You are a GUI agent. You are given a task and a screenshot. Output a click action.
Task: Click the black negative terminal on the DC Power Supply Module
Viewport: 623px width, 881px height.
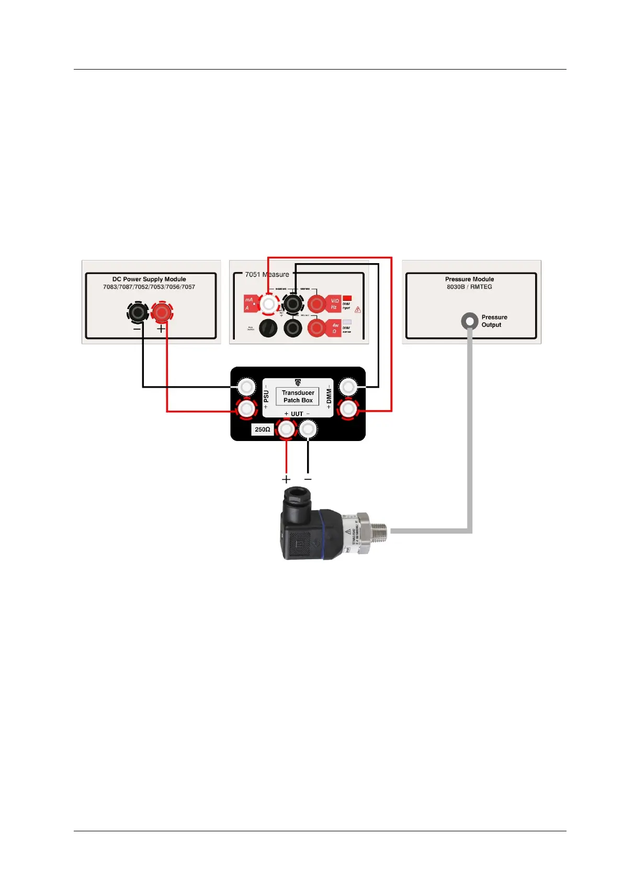(x=138, y=313)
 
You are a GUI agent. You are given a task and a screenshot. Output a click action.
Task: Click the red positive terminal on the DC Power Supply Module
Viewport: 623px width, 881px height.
(x=162, y=313)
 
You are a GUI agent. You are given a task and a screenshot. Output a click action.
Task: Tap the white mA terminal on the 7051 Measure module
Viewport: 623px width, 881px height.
(x=268, y=303)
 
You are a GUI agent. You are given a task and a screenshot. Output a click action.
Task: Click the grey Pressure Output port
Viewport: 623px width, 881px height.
(x=469, y=321)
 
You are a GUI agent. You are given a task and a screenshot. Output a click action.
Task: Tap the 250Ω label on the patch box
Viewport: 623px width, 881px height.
(x=262, y=430)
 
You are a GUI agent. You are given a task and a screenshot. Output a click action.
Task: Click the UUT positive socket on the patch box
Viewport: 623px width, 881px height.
(x=286, y=430)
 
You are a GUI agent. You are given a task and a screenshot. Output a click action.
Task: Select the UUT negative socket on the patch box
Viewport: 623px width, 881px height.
(x=308, y=430)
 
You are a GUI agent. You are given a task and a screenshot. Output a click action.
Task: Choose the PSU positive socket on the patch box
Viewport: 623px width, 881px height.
(x=246, y=409)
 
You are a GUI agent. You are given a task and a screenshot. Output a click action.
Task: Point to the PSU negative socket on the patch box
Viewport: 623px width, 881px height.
(x=246, y=388)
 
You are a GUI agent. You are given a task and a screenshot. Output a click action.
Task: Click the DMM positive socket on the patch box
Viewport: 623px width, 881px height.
(x=348, y=409)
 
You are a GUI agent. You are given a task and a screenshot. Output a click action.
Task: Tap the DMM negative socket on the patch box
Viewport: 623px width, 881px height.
(x=348, y=388)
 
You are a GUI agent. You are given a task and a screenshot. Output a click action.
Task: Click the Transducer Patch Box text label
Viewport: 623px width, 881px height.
(x=298, y=397)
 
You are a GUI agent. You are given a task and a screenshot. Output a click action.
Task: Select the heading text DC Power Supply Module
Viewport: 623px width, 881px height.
(x=149, y=279)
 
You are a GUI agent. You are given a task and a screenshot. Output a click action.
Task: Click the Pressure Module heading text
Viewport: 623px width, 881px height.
(x=469, y=279)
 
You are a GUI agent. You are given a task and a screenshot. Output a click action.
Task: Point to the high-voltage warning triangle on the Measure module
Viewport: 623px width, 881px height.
(x=358, y=310)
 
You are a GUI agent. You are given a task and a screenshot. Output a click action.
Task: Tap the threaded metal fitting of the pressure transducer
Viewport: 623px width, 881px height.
(x=377, y=530)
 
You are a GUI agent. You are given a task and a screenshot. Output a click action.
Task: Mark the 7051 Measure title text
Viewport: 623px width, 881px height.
(x=267, y=275)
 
